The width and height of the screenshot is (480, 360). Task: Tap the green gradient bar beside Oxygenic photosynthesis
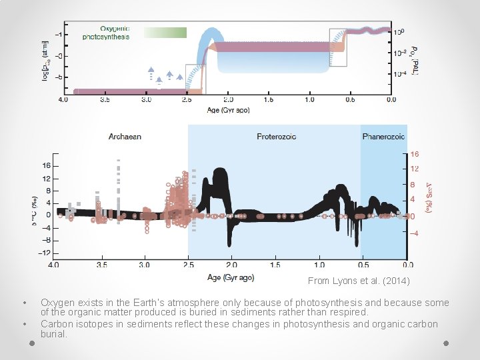tap(165, 33)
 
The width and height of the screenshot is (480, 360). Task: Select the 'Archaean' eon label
tap(125, 137)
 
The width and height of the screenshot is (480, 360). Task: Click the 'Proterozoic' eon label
tap(276, 137)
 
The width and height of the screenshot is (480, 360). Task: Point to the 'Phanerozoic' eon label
tap(383, 137)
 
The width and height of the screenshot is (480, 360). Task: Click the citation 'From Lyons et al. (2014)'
tap(359, 281)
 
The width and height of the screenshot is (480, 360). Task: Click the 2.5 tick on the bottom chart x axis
tap(188, 265)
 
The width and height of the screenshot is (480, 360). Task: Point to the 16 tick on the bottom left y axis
tap(46, 166)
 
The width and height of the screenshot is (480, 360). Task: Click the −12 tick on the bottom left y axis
tap(45, 253)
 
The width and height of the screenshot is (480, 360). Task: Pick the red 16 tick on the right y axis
tap(413, 154)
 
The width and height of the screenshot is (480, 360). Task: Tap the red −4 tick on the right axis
tap(413, 233)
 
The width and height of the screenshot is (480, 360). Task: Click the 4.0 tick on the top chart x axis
tap(63, 100)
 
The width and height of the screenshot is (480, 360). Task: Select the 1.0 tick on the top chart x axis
tap(309, 100)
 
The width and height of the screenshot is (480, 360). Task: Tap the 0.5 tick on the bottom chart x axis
tap(363, 265)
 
